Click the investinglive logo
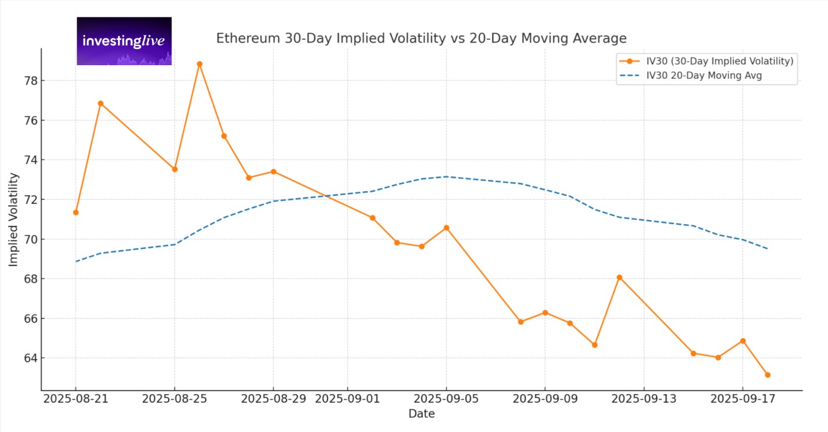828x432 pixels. (x=124, y=41)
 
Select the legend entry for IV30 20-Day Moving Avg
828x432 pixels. (x=712, y=75)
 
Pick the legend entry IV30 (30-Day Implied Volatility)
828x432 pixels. (x=719, y=61)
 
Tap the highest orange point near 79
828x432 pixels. (x=199, y=64)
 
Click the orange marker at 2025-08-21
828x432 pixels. (x=76, y=213)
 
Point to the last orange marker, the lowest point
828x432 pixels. (x=768, y=375)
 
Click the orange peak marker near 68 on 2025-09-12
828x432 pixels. (x=619, y=278)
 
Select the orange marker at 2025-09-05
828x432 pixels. (x=446, y=228)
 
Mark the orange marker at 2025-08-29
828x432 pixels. (x=273, y=172)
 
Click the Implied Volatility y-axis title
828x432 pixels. (x=13, y=219)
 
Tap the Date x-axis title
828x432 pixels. (x=421, y=414)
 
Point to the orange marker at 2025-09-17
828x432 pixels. (x=743, y=341)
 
